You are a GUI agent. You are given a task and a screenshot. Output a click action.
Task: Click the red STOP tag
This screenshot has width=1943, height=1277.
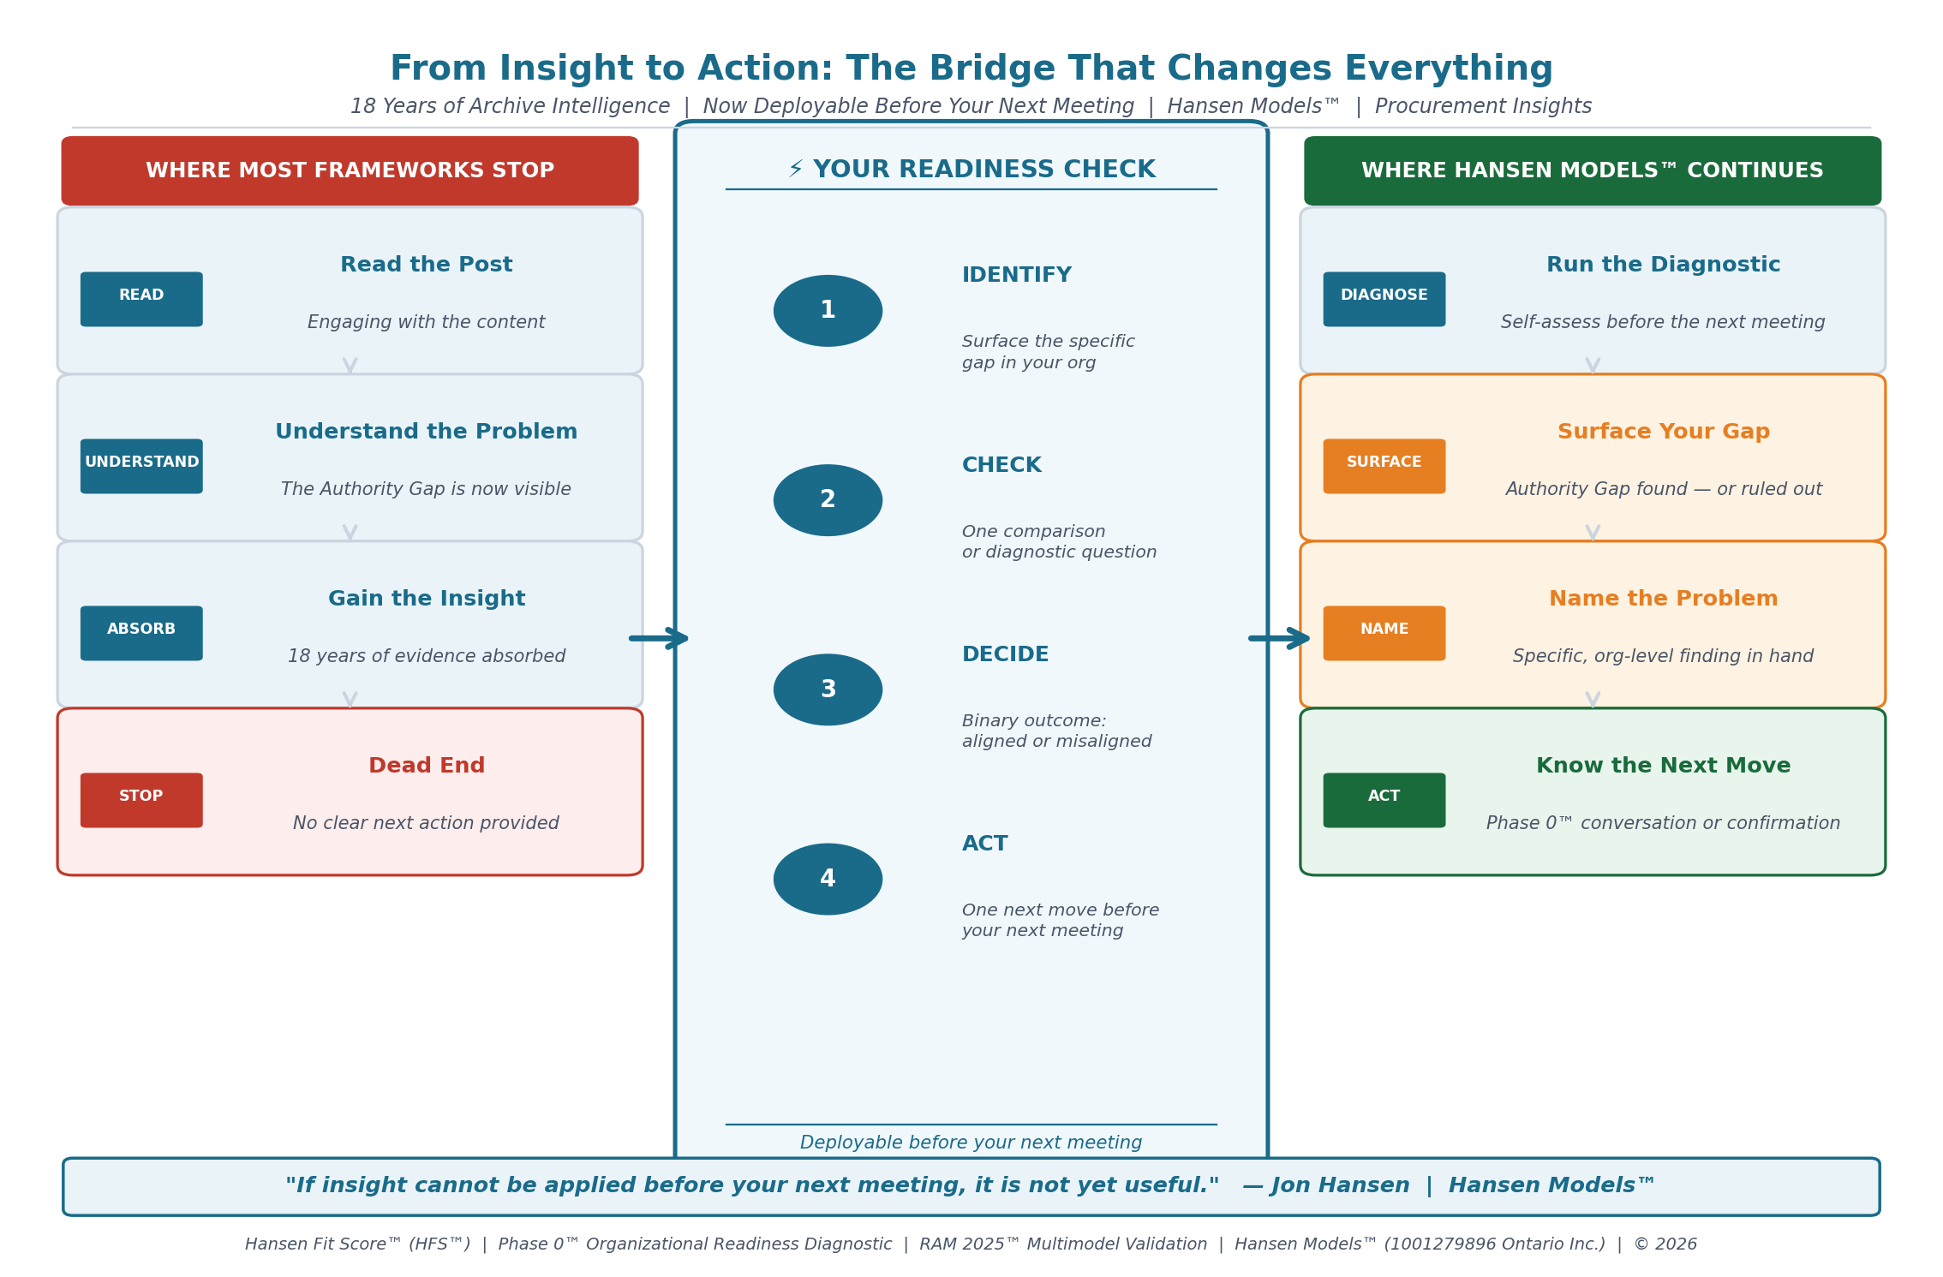click(141, 800)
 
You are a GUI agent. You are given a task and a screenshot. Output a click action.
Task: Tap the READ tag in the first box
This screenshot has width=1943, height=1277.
click(141, 299)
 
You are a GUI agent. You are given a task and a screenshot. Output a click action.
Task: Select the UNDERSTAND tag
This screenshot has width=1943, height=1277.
click(141, 466)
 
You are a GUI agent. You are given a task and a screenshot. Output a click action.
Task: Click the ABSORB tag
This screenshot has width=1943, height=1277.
click(141, 633)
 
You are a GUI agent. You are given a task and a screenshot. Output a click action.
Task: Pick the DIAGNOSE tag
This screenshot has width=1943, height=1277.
click(1384, 299)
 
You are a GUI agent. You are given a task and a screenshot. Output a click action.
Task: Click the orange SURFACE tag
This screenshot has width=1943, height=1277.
click(1384, 466)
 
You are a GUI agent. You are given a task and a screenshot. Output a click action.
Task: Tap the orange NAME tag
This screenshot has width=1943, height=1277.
click(1384, 633)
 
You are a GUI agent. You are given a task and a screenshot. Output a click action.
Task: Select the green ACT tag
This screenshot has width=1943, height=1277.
click(1384, 800)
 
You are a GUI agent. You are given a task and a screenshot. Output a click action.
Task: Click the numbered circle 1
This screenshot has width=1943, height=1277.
click(828, 310)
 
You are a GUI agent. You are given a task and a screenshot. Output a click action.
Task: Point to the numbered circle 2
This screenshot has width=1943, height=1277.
click(828, 500)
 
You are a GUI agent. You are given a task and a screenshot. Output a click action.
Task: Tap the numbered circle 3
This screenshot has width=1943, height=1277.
click(828, 689)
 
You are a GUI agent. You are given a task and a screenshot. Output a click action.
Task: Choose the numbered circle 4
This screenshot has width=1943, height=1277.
click(828, 879)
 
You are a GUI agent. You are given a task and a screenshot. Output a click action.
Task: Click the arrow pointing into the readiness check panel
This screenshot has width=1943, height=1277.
click(659, 638)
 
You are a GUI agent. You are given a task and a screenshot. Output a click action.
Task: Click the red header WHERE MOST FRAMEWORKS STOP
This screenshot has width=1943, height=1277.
click(350, 170)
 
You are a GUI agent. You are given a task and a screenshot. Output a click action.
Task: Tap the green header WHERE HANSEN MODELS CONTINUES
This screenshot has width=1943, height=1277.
click(1593, 170)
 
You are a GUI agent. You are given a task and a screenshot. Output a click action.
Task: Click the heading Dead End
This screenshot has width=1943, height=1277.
click(427, 766)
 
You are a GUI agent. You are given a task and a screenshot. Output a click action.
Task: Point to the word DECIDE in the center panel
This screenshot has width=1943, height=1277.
click(1005, 654)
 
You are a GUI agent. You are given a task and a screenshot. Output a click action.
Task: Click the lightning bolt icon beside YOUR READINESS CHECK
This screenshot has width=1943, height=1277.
click(796, 169)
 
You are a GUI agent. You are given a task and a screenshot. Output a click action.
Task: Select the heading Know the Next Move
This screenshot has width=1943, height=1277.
click(1663, 766)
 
